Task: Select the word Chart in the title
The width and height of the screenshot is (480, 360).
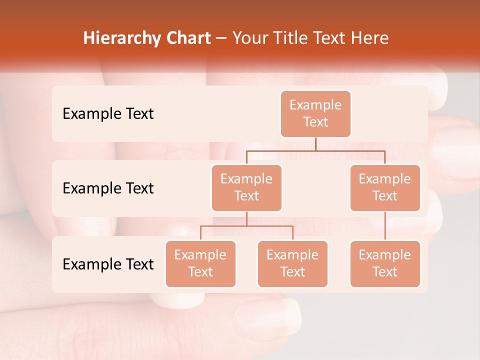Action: point(188,38)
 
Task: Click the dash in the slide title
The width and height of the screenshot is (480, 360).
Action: point(221,38)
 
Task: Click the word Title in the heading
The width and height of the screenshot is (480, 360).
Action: point(292,38)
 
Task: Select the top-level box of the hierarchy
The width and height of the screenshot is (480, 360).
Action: point(315,113)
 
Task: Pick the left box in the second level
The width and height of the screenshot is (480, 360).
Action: point(246,187)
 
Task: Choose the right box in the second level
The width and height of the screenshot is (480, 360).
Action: point(385,187)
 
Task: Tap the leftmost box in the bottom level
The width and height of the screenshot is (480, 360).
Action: point(200,263)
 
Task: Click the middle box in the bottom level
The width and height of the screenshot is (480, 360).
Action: point(292,263)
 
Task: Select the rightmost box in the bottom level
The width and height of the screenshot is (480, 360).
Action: point(385,263)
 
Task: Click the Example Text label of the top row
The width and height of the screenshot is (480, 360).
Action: point(108,114)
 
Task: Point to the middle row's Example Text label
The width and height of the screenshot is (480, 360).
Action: point(108,188)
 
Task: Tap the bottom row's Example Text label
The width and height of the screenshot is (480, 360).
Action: point(108,264)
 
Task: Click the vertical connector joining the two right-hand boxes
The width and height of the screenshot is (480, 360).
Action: point(385,226)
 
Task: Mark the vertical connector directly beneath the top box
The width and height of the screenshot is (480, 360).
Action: point(315,144)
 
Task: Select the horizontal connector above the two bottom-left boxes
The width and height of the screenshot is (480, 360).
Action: point(246,226)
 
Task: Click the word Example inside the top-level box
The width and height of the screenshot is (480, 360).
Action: point(315,105)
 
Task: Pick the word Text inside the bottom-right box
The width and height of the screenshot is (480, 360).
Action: point(385,272)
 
